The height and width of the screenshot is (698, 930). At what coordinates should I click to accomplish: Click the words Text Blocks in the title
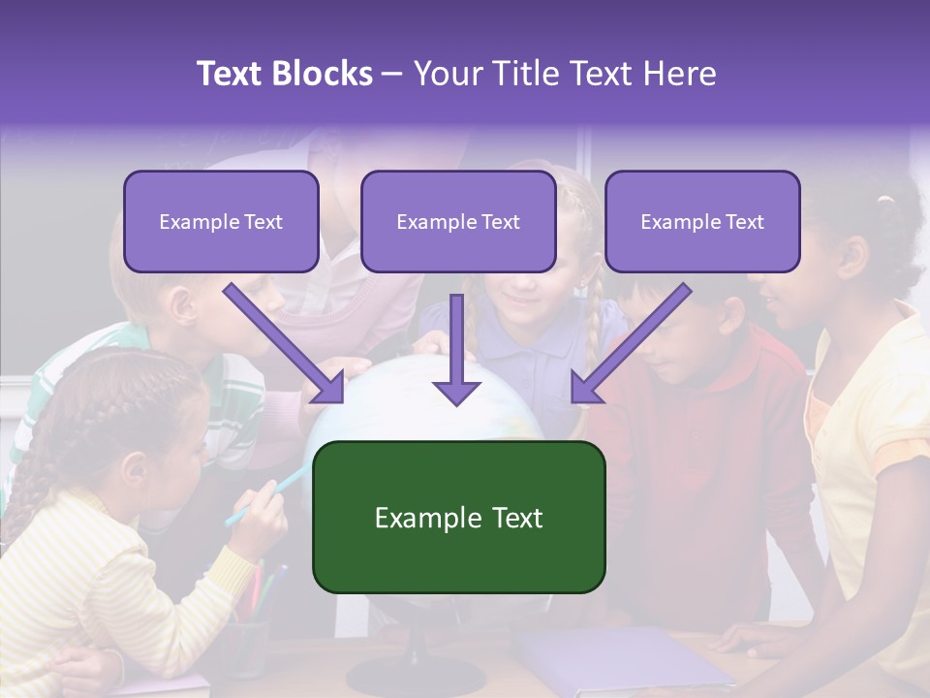(284, 74)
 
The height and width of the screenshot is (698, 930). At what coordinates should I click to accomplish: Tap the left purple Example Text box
(221, 222)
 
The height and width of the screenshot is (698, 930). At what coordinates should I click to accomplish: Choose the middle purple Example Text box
(458, 222)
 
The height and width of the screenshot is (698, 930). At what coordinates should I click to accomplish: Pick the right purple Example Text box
(702, 222)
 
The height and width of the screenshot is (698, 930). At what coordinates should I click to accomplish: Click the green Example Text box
(458, 518)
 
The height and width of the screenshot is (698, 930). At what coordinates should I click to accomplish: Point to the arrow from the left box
(285, 344)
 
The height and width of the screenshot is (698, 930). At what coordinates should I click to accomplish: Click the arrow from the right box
(630, 344)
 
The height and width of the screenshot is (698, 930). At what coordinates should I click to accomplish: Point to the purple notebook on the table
(620, 659)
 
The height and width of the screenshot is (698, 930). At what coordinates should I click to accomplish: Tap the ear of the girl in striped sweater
(135, 471)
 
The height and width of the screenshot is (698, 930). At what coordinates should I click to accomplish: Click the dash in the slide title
(392, 75)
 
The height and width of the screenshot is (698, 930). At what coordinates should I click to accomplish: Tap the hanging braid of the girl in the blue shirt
(593, 320)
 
